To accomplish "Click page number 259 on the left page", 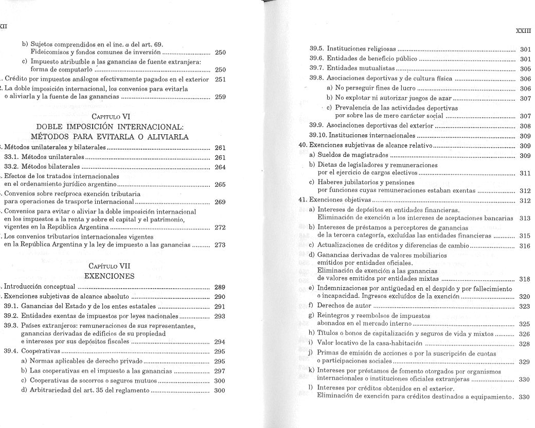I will pos(220,97).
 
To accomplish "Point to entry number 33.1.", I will pos(12,157).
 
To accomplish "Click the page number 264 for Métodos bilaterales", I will pos(220,167).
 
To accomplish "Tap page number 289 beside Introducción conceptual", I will pos(220,287).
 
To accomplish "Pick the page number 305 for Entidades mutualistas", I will pos(525,68).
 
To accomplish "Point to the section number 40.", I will pos(303,146).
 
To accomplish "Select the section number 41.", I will pos(303,200).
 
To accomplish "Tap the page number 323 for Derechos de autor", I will pos(525,306).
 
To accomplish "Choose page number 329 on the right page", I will pos(525,362).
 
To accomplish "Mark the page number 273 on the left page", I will pos(220,245).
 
